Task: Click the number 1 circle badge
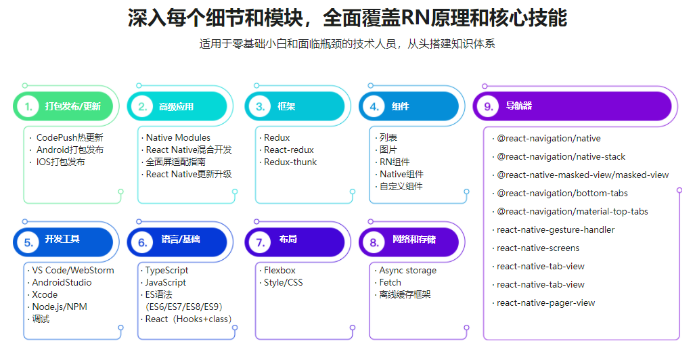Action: point(28,106)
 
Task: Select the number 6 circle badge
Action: point(143,242)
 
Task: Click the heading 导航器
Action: point(519,106)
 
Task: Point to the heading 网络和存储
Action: point(414,240)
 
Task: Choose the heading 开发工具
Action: point(62,239)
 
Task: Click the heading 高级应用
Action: point(176,106)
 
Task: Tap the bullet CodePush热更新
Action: point(70,137)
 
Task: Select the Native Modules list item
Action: point(178,137)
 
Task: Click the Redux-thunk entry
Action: point(290,162)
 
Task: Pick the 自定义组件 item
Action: point(401,186)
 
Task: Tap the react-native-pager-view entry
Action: point(545,302)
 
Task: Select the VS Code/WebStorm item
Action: point(73,270)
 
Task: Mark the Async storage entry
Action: point(407,270)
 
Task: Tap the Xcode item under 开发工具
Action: point(45,294)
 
